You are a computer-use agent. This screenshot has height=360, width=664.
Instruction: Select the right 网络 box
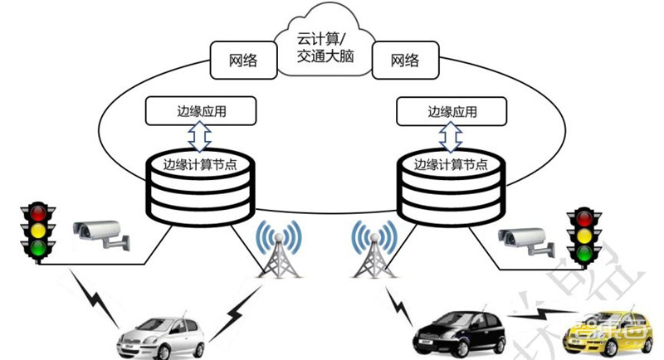coord(404,61)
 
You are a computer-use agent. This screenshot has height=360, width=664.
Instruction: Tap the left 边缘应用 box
coord(201,110)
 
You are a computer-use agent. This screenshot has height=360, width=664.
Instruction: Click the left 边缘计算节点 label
coord(200,163)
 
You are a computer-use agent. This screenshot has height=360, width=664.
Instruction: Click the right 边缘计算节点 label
coord(451,163)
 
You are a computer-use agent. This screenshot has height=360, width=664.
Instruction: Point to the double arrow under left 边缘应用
coord(201,134)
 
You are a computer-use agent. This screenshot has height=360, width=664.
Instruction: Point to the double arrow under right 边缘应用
coord(452,134)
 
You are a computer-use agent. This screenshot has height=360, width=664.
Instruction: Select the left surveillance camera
coord(99,233)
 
